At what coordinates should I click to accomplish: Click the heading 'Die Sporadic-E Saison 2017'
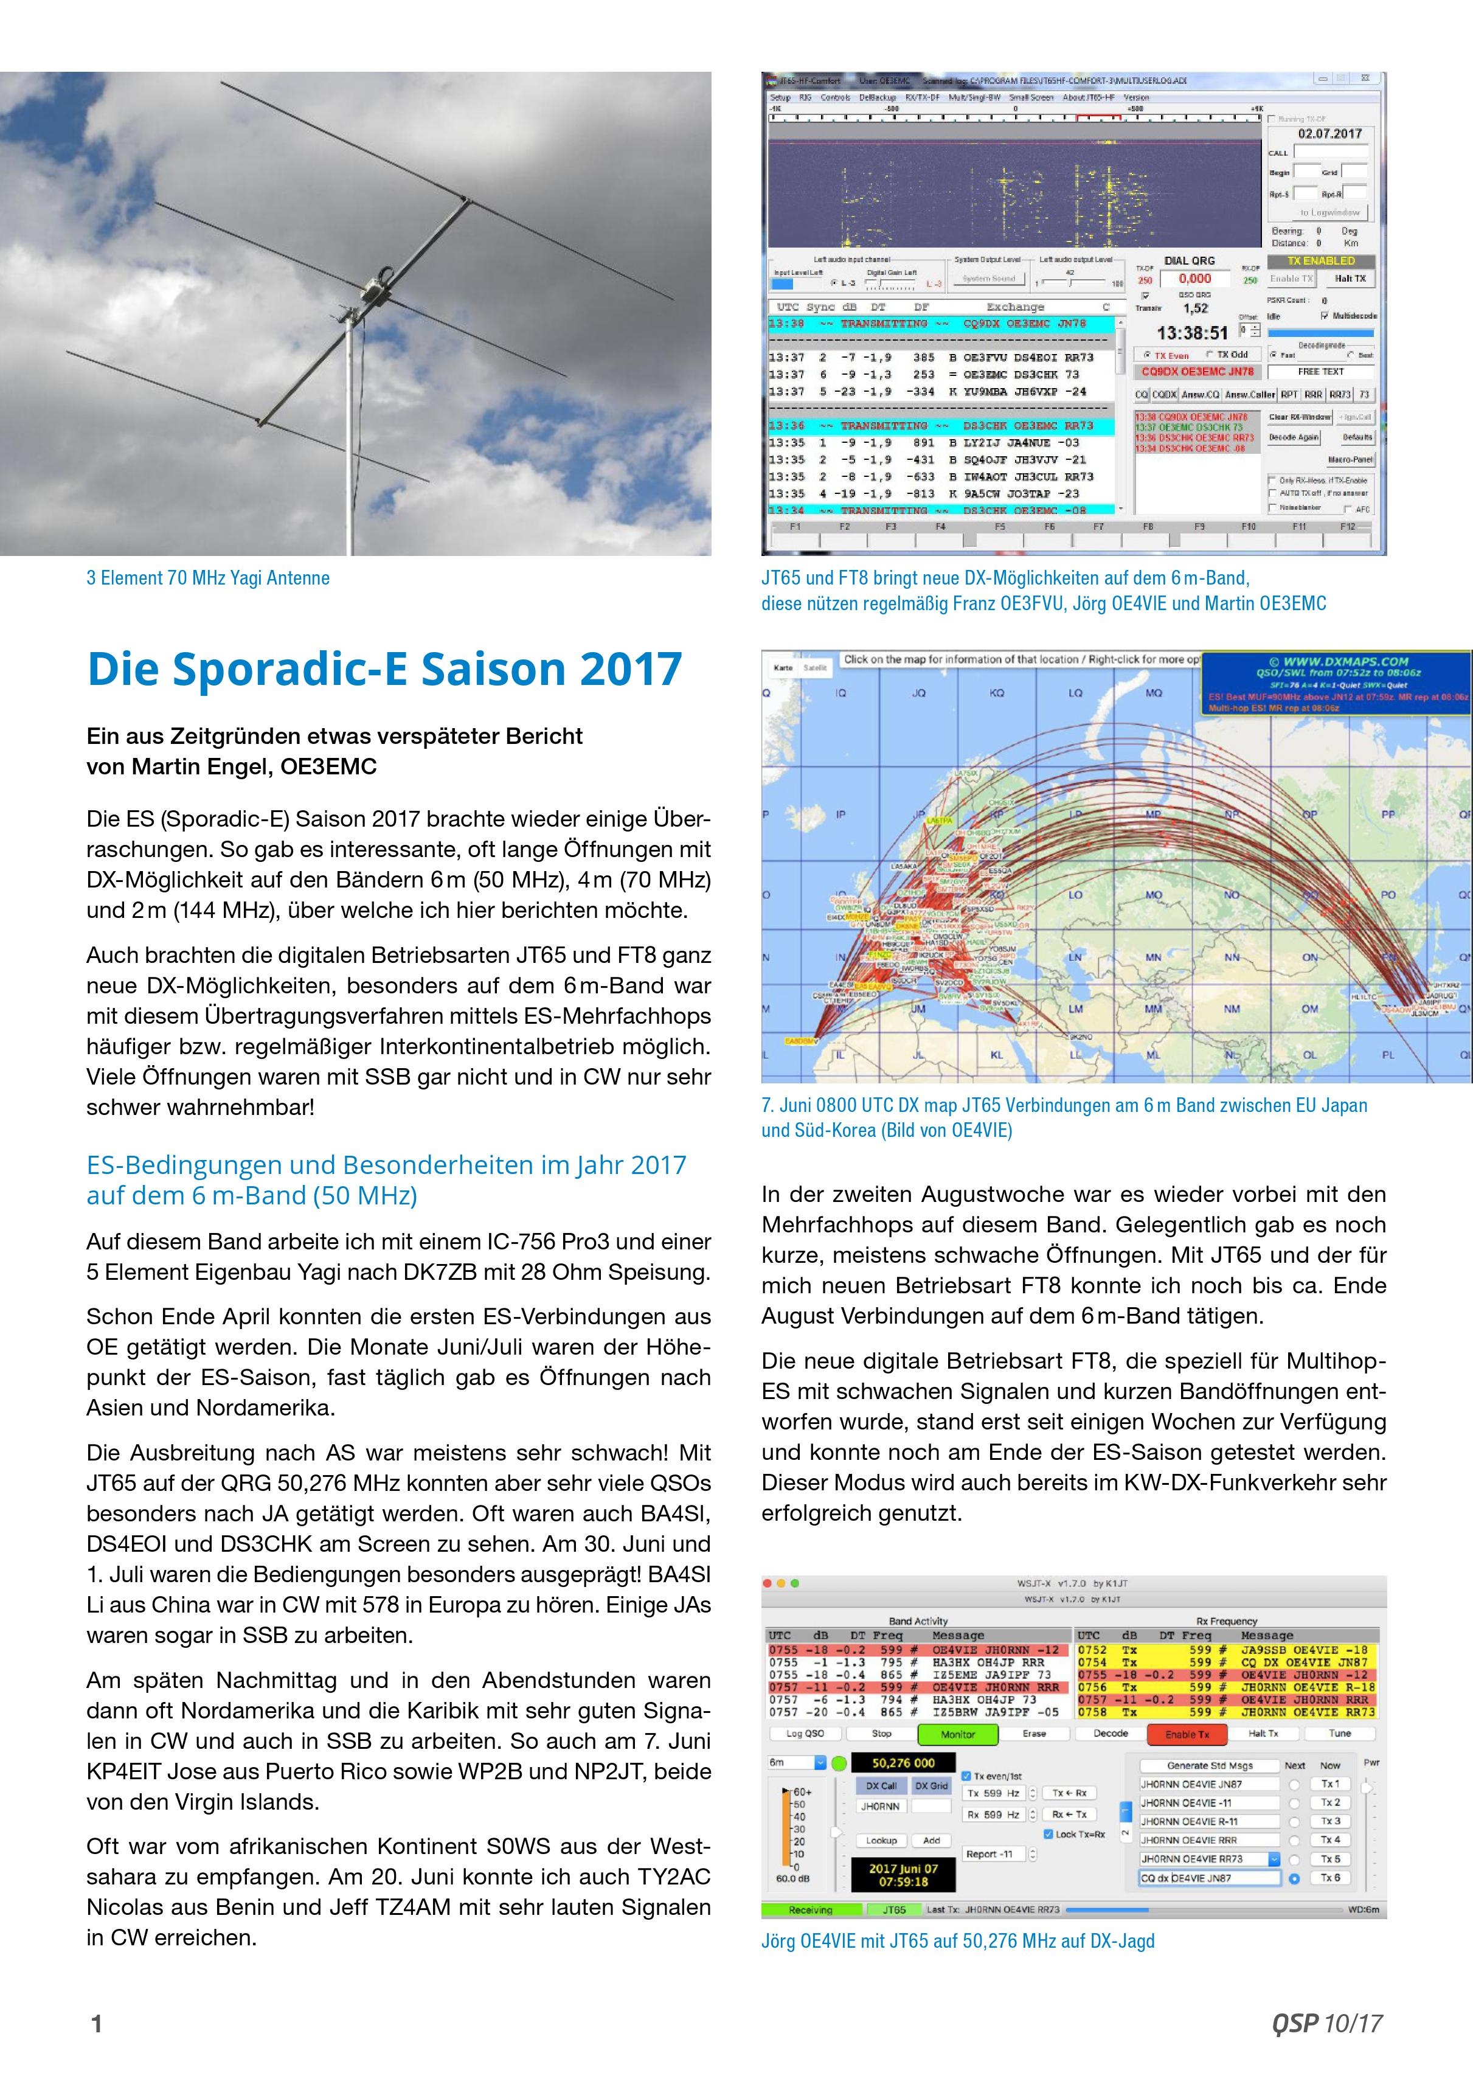pyautogui.click(x=384, y=670)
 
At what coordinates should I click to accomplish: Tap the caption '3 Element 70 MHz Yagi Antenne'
pyautogui.click(x=208, y=578)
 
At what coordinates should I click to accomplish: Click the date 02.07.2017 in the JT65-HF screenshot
pyautogui.click(x=1329, y=133)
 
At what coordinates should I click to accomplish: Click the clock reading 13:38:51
pyautogui.click(x=1191, y=333)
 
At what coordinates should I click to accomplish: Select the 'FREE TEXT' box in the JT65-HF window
pyautogui.click(x=1320, y=371)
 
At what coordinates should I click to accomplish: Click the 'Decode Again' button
pyautogui.click(x=1294, y=437)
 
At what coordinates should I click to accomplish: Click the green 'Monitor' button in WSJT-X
pyautogui.click(x=957, y=1734)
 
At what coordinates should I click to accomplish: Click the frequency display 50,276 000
pyautogui.click(x=903, y=1763)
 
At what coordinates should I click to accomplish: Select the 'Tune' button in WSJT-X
pyautogui.click(x=1340, y=1733)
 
